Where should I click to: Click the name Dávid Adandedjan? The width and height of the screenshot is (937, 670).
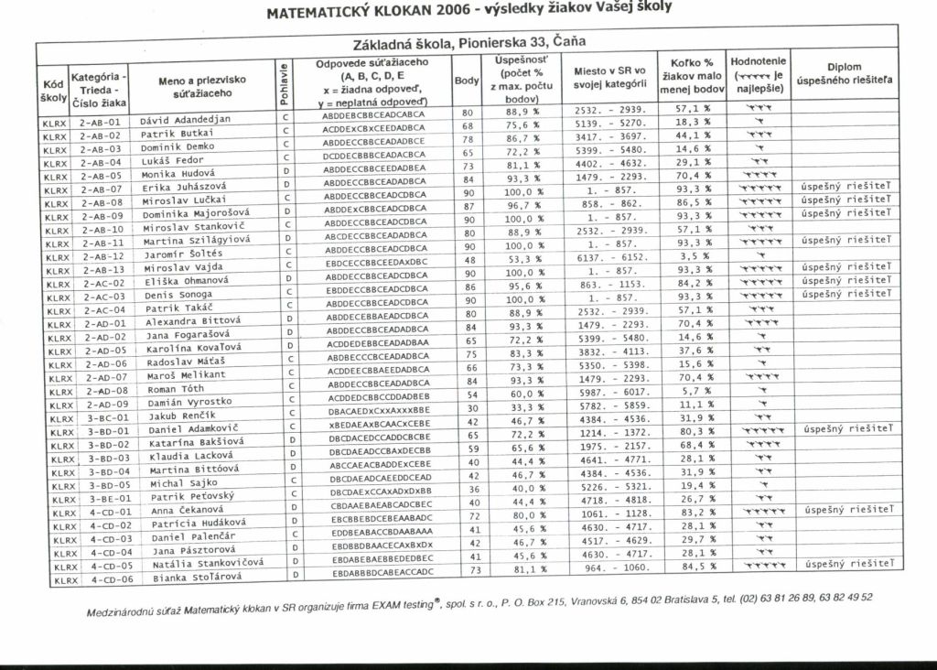point(186,119)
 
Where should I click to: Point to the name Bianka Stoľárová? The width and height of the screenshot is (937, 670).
point(190,578)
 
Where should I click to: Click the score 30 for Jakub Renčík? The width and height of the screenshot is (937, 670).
point(468,407)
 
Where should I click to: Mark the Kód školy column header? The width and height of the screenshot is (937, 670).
point(49,89)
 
